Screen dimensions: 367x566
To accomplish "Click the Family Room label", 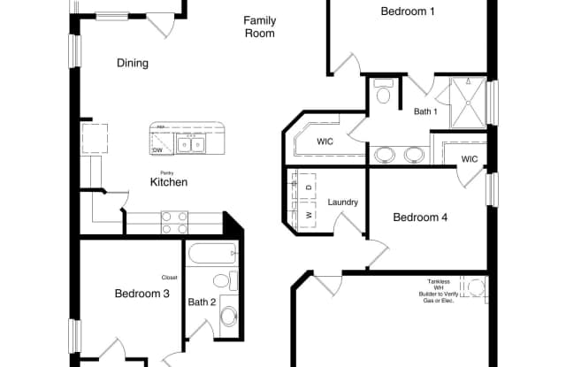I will (259, 27).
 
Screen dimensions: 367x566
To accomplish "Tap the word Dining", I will (132, 63).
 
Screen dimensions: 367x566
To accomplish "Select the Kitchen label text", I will (168, 182).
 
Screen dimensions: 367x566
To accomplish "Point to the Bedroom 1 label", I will (408, 11).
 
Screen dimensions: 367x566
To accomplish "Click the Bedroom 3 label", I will (141, 294).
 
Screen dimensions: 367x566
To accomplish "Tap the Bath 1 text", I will (425, 111).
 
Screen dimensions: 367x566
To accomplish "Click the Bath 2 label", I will (202, 302).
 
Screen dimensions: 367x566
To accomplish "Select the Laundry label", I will (343, 203).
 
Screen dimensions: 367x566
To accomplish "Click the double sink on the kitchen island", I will (189, 143).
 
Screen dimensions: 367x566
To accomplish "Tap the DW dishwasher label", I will (157, 150).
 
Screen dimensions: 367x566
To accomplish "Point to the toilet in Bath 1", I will (384, 92).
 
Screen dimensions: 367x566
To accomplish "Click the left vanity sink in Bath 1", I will (386, 155).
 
